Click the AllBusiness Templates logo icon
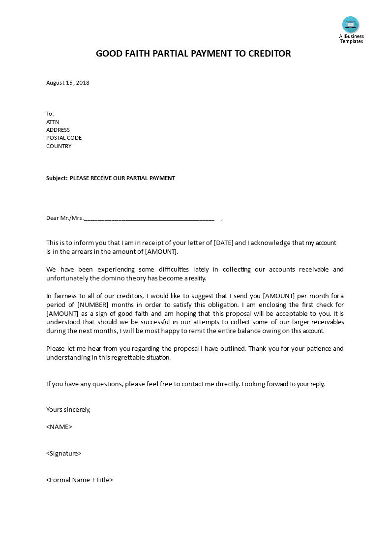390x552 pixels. (351, 25)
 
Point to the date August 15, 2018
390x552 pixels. (68, 83)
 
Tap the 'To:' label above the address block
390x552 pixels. (50, 114)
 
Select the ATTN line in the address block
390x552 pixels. (53, 122)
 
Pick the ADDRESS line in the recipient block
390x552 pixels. (58, 130)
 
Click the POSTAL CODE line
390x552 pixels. (64, 138)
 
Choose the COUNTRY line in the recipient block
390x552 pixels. (59, 146)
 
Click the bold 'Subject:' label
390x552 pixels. (57, 178)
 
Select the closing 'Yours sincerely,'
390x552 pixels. (68, 409)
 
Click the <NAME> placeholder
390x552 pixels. (59, 427)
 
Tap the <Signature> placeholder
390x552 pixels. (64, 453)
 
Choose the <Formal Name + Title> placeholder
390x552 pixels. (80, 480)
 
